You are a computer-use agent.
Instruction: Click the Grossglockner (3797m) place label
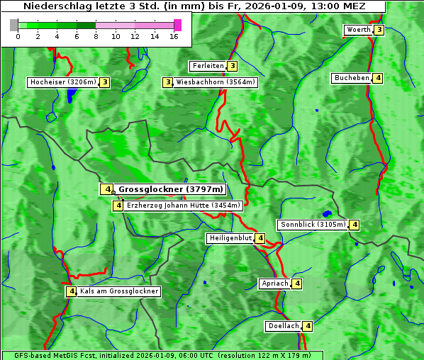pos(170,189)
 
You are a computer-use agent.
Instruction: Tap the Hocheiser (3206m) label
pos(62,82)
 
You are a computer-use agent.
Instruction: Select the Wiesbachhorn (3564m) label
pos(216,82)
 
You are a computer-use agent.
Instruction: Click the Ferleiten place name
pos(208,66)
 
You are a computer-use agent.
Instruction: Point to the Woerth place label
pos(358,30)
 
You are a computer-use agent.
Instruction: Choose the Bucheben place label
pos(352,78)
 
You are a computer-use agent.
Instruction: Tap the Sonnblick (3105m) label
pos(313,225)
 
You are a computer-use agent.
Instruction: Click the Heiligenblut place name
pos(230,238)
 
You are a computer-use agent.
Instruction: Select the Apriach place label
pos(275,283)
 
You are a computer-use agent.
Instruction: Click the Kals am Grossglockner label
pos(119,291)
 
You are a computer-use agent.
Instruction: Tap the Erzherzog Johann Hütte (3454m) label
pos(184,206)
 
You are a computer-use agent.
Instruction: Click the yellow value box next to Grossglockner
pos(106,189)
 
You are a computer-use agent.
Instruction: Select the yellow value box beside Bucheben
pos(379,78)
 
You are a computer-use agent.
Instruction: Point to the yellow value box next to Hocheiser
pos(105,82)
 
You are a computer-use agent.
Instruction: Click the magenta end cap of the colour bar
pos(177,25)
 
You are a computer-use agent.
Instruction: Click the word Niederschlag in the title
pos(54,6)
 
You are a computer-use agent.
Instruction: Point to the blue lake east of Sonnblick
pos(327,213)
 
